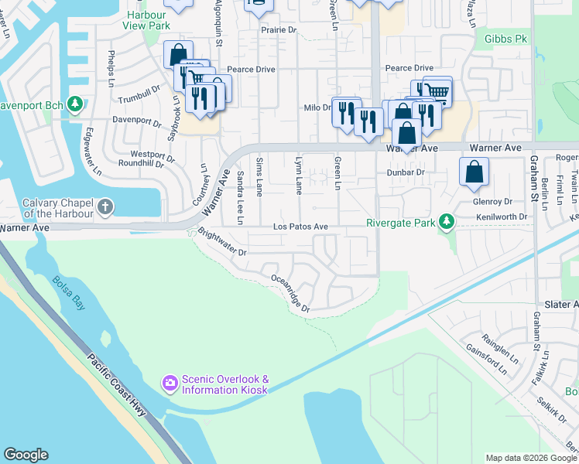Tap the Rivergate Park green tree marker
pos(446,223)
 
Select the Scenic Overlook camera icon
pos(170,383)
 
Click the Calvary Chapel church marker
pos(105,206)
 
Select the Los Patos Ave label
pos(301,227)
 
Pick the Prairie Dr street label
pos(279,30)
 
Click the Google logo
pos(26,455)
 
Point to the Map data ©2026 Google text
pos(530,458)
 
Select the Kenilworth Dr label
pos(495,217)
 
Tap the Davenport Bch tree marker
pos(75,104)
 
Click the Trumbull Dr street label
pos(139,100)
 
